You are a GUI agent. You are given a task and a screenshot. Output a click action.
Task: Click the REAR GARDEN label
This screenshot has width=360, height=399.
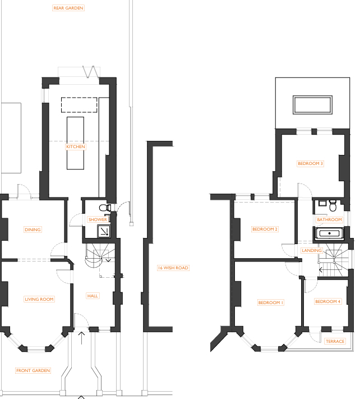pos(68,8)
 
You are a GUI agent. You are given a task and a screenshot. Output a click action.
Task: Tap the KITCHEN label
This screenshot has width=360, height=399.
pos(76,146)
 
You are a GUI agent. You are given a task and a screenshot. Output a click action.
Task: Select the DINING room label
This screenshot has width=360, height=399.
pos(33,230)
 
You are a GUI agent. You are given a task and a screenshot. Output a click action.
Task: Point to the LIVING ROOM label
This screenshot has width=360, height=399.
pos(39,299)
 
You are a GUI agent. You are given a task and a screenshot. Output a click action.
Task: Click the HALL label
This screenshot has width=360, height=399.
pos(93,296)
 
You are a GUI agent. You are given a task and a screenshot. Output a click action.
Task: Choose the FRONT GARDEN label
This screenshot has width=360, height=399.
pos(33,370)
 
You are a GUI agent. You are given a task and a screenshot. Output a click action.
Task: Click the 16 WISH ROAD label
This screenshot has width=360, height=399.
pos(173,268)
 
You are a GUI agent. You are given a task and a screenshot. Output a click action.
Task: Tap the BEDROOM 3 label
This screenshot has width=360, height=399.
pos(310,163)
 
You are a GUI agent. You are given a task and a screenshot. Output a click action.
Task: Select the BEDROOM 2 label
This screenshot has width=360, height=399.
pos(265,229)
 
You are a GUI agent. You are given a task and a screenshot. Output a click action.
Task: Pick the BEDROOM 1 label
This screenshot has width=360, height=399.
pos(270,302)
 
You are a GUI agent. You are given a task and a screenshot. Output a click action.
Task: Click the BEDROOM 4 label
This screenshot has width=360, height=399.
pos(327,301)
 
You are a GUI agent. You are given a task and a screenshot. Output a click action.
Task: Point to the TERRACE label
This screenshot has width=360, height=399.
pos(335,341)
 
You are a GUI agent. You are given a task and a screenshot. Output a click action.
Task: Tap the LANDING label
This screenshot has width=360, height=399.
pos(312,250)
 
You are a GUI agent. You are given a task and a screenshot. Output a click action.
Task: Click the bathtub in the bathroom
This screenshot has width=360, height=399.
pos(330,233)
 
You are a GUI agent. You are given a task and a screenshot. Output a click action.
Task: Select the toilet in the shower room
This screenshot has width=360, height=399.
pos(105,208)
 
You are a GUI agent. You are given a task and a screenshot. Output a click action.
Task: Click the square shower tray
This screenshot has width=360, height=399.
pos(104,231)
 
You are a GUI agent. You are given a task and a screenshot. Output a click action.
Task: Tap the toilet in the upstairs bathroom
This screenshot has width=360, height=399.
pos(333,206)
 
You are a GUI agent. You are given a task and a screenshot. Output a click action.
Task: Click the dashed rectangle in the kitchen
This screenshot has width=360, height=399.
pos(79,105)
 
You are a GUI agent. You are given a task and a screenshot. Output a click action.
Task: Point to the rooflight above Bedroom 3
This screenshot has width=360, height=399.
pos(312,105)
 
